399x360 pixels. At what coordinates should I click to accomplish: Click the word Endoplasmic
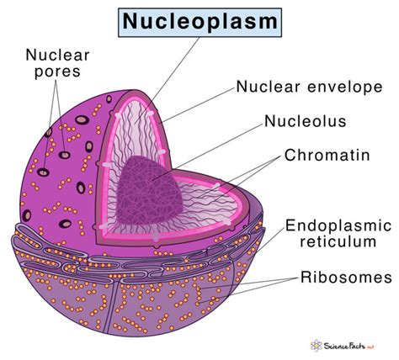(340, 225)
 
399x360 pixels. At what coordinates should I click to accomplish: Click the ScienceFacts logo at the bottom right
(343, 345)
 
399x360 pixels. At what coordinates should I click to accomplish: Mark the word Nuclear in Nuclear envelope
(263, 87)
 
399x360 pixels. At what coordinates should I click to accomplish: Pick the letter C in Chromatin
(290, 156)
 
